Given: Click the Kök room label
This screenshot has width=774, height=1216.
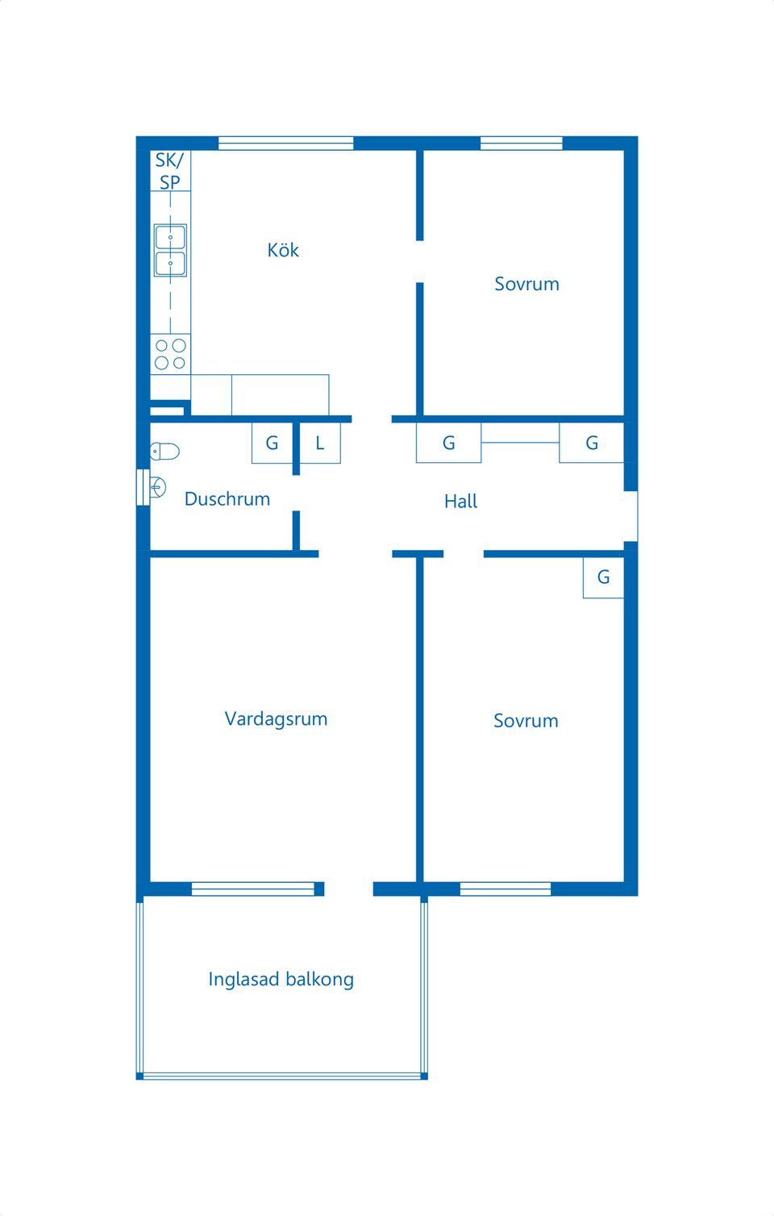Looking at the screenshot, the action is pos(283,250).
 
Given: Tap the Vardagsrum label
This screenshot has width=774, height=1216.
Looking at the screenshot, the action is pos(276,719).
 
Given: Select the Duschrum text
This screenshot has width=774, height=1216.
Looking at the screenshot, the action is pos(227,499).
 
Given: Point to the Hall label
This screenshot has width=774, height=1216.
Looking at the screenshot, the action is pos(460,501).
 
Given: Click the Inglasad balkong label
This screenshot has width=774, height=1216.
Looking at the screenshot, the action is pos(281,979).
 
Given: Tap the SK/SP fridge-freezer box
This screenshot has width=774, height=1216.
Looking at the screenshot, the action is pos(170,170).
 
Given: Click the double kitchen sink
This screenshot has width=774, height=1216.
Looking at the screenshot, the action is pos(170,250).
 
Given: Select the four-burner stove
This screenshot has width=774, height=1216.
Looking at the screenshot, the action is pos(170,354).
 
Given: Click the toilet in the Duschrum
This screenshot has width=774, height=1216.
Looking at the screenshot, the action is pos(164,451).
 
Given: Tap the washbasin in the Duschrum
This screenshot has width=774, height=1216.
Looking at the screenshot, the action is pos(157,487).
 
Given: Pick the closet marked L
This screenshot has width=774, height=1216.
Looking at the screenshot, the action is pos(320,443).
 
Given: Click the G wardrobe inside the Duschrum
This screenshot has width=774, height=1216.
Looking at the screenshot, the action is pos(272,443).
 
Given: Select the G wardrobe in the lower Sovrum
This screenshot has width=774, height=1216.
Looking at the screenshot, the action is pos(603,577).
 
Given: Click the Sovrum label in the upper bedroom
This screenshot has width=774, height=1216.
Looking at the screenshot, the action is pos(526,284).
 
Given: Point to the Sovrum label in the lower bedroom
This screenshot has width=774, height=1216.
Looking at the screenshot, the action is pos(526,721).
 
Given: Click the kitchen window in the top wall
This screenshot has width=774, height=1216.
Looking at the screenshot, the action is pos(286,144).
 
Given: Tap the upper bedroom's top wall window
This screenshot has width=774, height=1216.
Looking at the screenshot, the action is pos(522,144).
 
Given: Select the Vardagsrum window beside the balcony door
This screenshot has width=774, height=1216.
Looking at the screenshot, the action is pos(253,889).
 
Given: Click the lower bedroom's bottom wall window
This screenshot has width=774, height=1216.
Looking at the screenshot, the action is pos(506,889).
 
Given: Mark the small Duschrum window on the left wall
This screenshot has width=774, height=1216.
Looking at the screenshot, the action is pos(143,488).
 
